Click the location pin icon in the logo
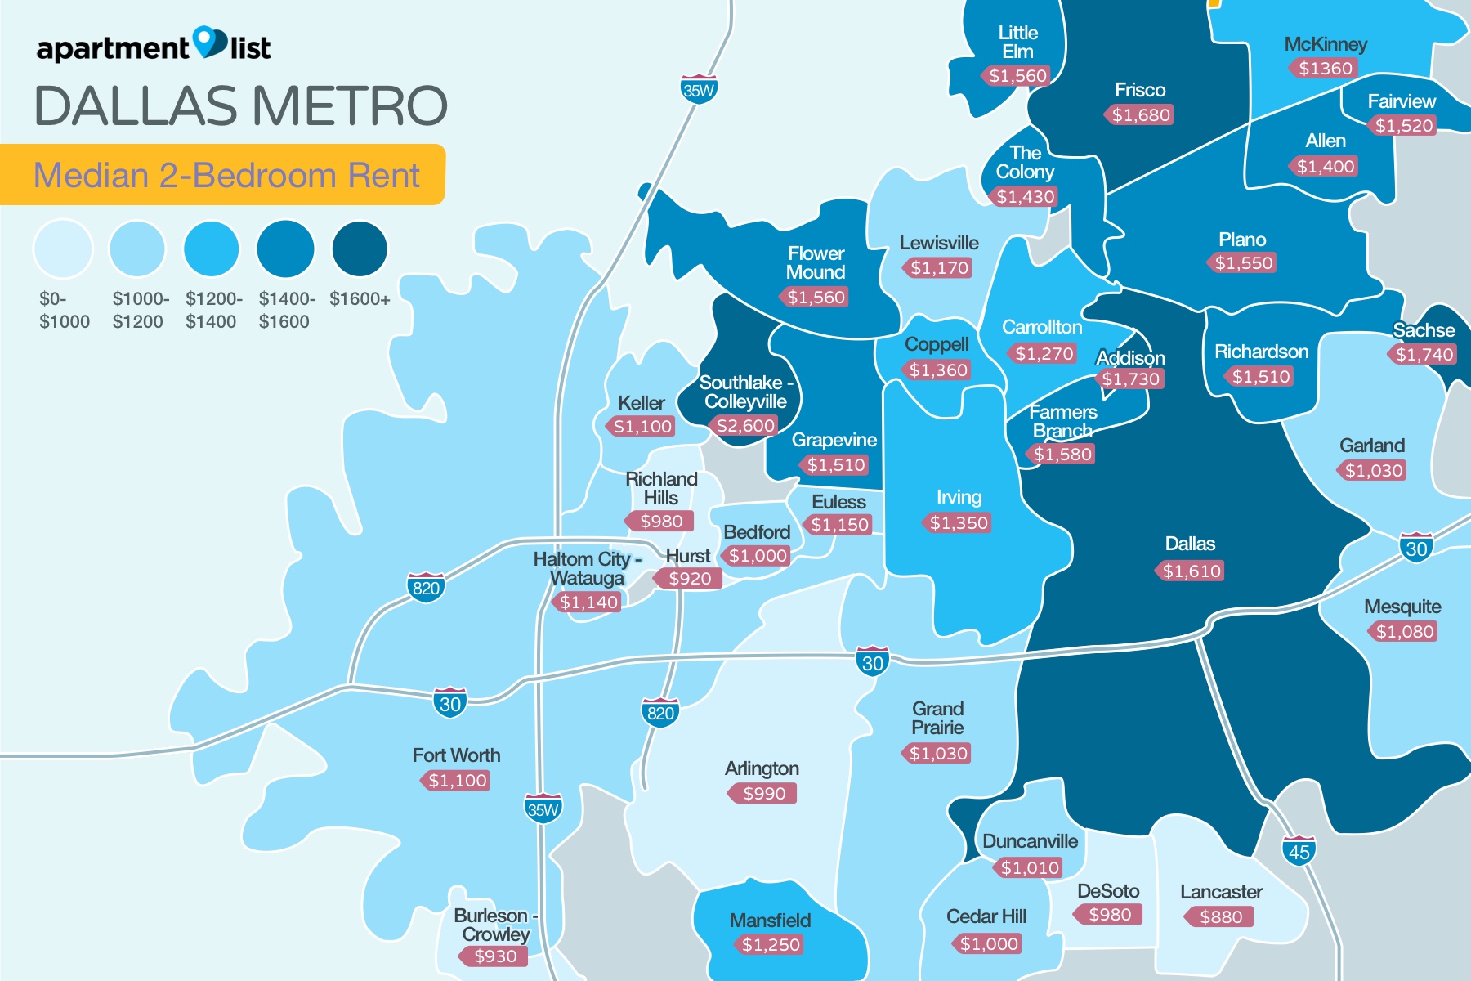click(210, 42)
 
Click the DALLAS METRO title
click(241, 106)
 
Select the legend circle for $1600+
click(360, 249)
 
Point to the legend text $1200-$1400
click(213, 310)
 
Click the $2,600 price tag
click(744, 425)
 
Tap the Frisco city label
click(1139, 90)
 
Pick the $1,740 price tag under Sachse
click(1424, 354)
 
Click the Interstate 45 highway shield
click(1299, 851)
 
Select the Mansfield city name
click(770, 921)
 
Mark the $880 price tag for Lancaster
click(1220, 916)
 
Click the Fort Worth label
click(456, 755)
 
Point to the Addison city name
click(1130, 357)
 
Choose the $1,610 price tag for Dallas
click(1192, 571)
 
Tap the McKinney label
click(1325, 44)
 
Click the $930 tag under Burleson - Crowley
click(494, 956)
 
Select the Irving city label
click(959, 497)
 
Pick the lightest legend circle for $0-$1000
click(63, 249)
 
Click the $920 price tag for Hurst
click(689, 579)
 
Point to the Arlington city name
click(762, 768)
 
